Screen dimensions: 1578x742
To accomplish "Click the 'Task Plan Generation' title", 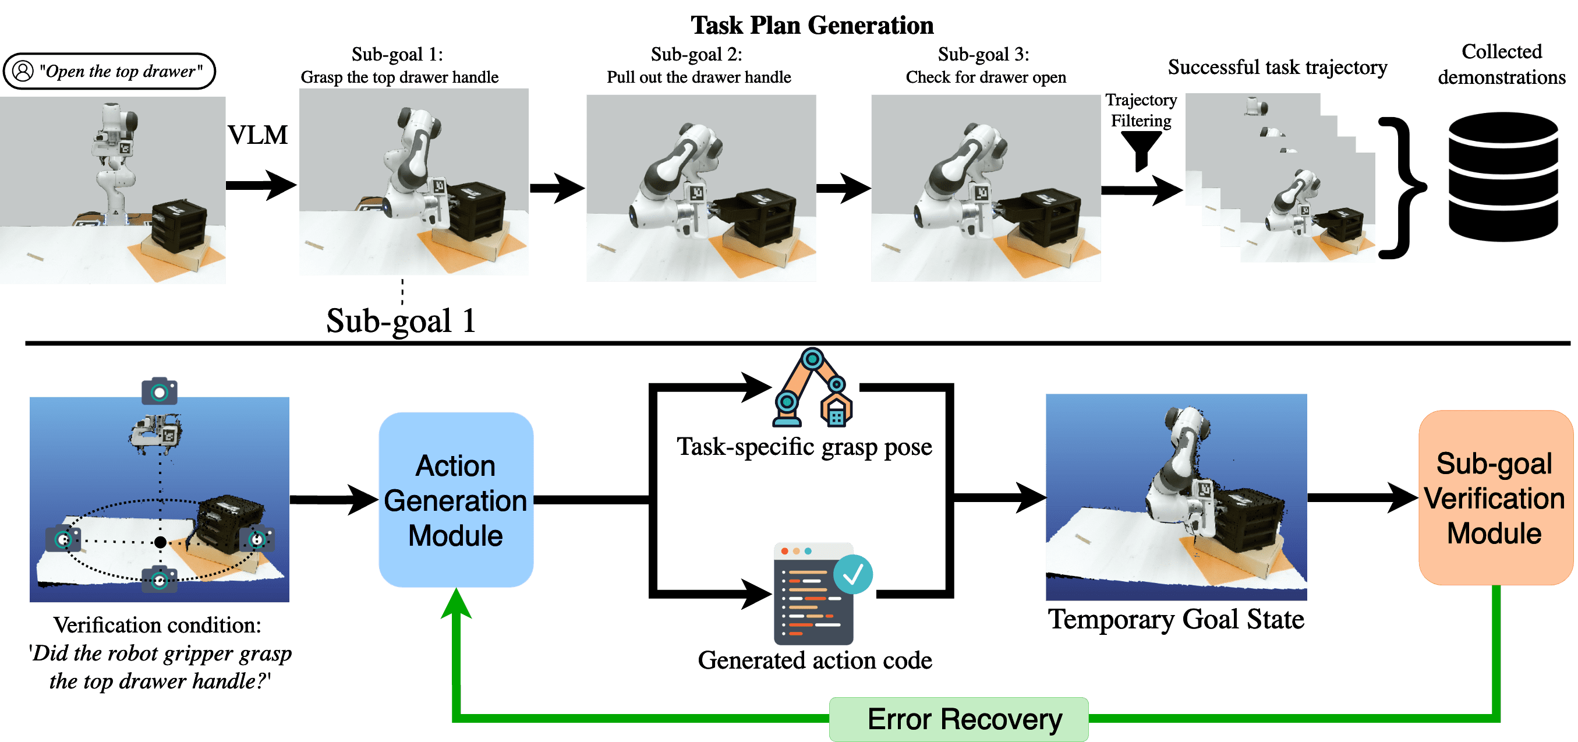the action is point(812,25).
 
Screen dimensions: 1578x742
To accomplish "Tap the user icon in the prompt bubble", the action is point(23,71).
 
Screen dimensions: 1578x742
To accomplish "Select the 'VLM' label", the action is point(257,135).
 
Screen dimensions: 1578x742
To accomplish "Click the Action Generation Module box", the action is point(456,499).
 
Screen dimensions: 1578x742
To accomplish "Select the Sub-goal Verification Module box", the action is point(1495,497).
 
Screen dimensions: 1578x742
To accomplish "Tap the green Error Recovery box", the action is point(958,719).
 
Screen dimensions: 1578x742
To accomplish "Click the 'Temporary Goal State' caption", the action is point(1176,619).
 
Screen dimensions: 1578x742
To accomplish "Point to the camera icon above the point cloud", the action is point(160,391).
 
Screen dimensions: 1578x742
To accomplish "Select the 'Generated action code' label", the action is point(815,660).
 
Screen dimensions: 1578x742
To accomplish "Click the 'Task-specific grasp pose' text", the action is point(804,447).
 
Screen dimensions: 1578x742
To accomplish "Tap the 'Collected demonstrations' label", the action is point(1501,63).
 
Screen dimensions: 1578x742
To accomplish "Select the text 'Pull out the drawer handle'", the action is point(699,77).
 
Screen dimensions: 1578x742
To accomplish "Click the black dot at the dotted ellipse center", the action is point(160,542).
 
